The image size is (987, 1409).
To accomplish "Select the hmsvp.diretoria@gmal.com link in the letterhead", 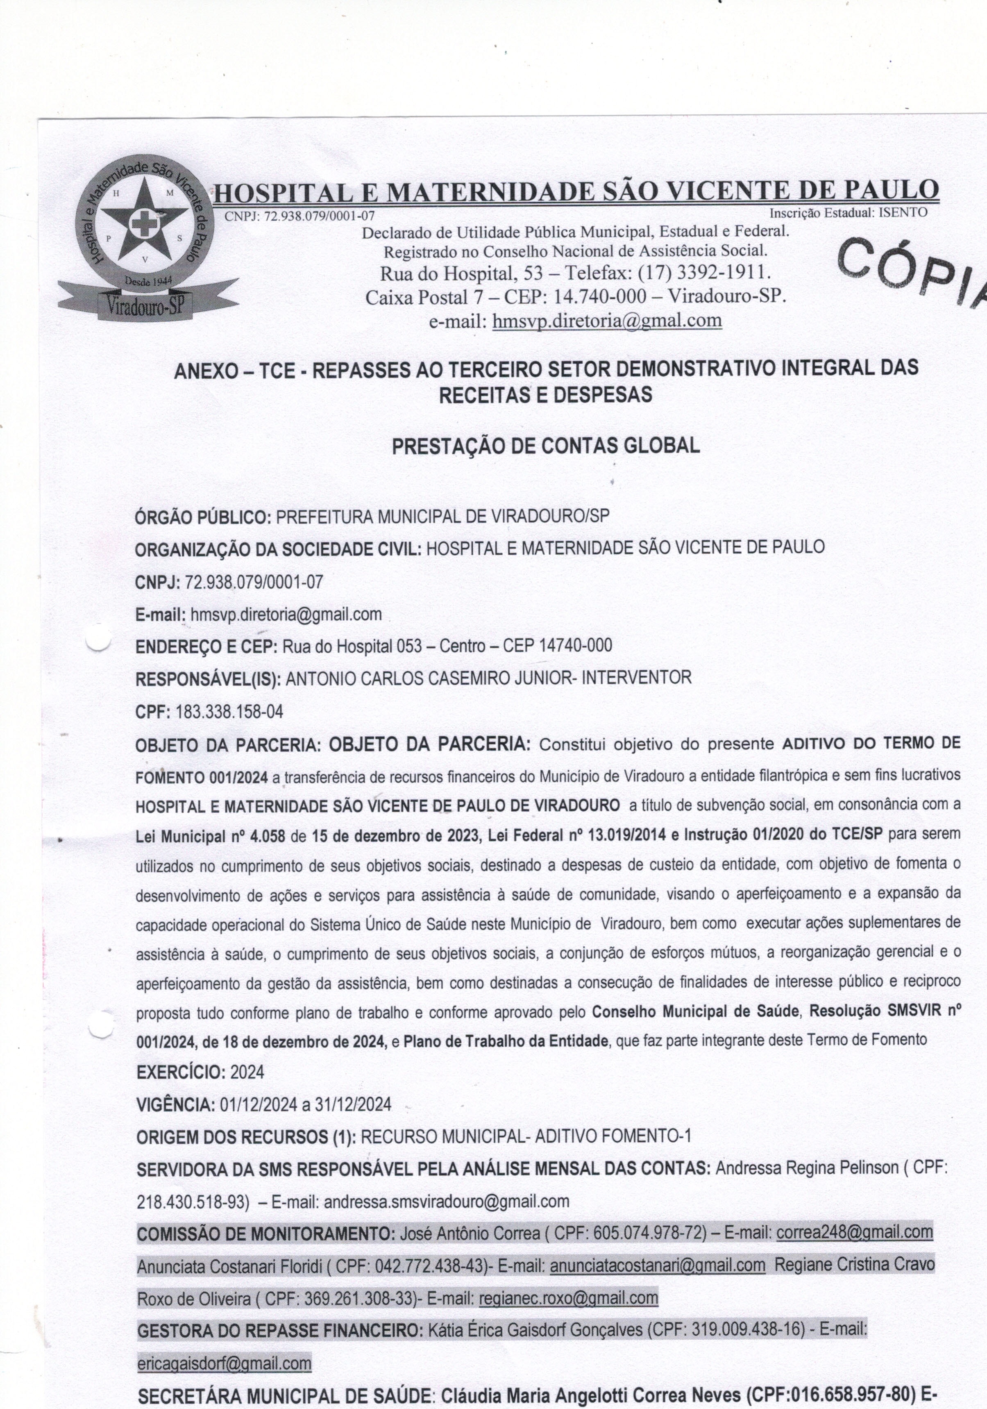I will pos(607,320).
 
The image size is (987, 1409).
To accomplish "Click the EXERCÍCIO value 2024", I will pos(247,1073).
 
